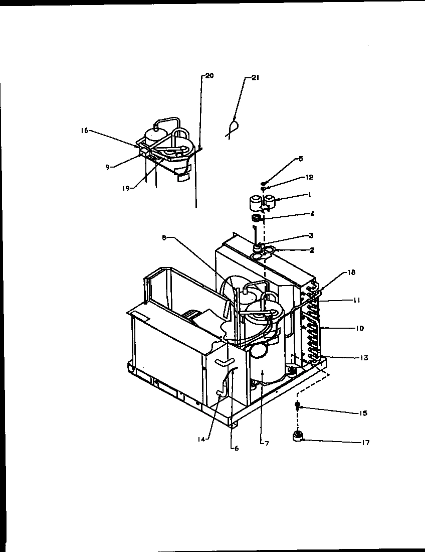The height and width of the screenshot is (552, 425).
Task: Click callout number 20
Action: (209, 76)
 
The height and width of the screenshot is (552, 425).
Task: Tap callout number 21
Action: (256, 78)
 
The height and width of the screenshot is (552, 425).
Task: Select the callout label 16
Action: (84, 130)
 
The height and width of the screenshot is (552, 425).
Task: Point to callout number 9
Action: (107, 168)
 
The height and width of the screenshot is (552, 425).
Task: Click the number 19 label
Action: (125, 188)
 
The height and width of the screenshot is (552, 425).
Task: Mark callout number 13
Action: (364, 358)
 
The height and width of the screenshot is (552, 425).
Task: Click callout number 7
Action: (266, 444)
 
